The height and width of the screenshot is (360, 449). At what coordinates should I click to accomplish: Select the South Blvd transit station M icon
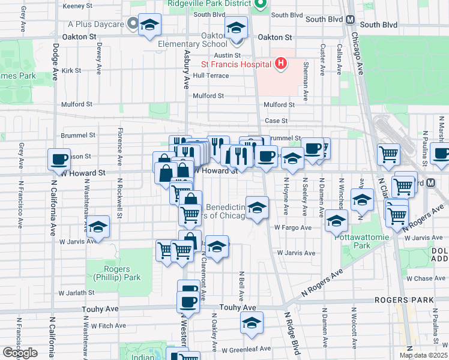coord(350,20)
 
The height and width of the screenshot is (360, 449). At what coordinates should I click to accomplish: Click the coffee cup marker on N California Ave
coord(59,160)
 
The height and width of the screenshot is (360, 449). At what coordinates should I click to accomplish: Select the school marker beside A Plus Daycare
coord(149,25)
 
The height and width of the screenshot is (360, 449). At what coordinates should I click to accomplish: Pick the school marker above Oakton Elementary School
coord(237,28)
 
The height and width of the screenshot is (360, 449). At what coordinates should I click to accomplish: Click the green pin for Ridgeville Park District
coord(260,5)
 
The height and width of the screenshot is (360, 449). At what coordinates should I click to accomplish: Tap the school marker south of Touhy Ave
coord(252,323)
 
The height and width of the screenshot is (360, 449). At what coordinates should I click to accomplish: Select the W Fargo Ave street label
coord(293,227)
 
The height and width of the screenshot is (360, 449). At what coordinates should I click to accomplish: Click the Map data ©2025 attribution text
coord(423,355)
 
